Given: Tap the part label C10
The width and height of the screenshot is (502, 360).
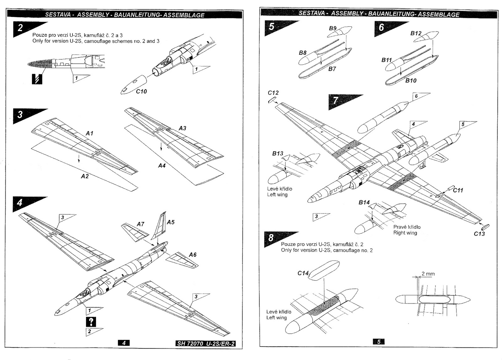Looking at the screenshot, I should coord(141,91).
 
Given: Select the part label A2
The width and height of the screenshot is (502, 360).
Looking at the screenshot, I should coord(85,176).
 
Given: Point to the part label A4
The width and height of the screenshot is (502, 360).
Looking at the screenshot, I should coord(162,165).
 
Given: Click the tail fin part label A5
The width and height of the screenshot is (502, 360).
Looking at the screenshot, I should coord(171,222).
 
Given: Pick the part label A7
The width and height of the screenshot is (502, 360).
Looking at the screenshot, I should coord(140,224).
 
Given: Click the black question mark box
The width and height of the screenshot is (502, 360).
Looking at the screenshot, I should coord(91,321).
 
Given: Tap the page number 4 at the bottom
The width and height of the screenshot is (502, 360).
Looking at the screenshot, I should coord(124,343).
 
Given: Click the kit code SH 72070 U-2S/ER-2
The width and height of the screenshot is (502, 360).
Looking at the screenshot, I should coord(206,343).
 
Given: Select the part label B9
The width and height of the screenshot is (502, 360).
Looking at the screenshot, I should coord(333,28).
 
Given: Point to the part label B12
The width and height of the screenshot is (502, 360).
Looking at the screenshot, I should coord(416,33).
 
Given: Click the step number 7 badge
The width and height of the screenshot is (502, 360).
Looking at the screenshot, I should coord(336,100).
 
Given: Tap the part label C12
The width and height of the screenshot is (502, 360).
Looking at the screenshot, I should coord(273,93).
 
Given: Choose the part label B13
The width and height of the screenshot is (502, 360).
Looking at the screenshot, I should coord(277,153).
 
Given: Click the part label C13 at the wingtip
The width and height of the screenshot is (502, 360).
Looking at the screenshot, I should coord(479,234).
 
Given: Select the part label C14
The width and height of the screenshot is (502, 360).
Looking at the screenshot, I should coord(303,273).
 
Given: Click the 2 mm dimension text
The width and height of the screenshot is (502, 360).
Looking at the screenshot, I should coord(428,274).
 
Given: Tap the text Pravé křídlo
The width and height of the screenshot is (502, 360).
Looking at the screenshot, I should coord(407,227).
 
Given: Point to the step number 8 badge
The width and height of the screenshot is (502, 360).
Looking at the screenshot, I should coord(271,238).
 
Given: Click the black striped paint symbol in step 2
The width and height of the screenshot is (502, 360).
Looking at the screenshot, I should coord(37,79).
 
